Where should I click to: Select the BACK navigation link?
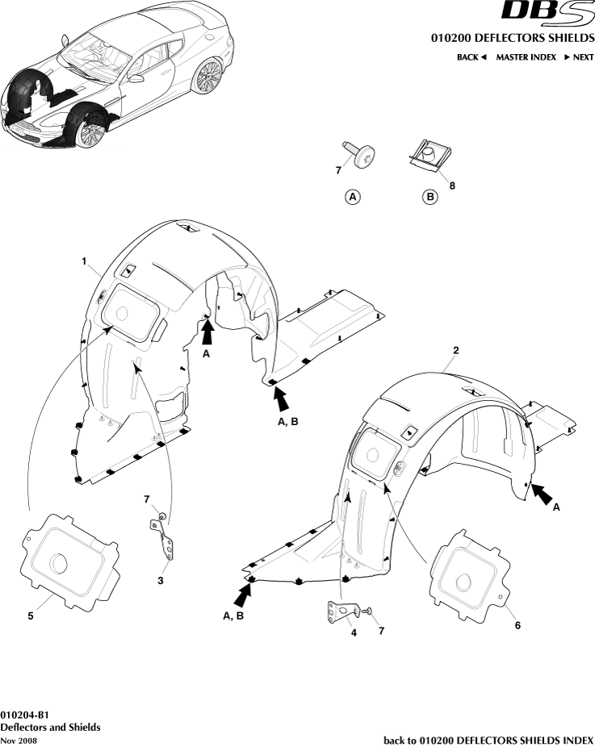tap(471, 57)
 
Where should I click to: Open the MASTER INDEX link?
tap(526, 57)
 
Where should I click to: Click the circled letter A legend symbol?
tap(353, 196)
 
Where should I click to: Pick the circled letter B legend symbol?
tap(429, 196)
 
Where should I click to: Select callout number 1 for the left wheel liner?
tap(83, 261)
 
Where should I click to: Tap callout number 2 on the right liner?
tap(456, 350)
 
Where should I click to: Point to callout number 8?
tap(452, 186)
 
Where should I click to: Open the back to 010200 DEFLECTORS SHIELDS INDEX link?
tap(488, 740)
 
